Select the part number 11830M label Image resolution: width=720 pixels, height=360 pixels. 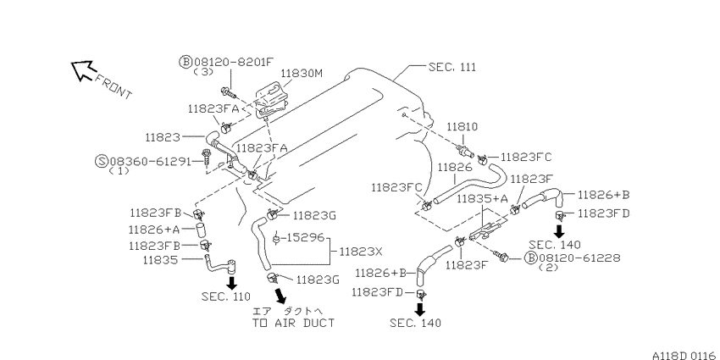302,73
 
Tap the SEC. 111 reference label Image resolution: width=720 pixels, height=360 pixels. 452,67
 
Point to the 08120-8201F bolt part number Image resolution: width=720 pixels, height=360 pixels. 233,62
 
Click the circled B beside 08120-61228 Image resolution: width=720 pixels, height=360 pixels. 530,258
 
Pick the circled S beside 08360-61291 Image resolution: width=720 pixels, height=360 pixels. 102,161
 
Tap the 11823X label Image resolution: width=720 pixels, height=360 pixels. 361,252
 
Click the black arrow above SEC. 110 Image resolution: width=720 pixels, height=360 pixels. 232,283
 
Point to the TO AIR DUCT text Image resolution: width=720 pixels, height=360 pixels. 293,323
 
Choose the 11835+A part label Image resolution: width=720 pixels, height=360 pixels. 482,199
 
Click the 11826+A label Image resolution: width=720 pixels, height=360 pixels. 155,230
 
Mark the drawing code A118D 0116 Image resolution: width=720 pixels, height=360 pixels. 685,355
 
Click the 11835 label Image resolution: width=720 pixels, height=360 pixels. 160,260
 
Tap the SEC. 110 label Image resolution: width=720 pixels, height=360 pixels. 226,296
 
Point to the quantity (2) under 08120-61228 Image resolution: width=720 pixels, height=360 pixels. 549,267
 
